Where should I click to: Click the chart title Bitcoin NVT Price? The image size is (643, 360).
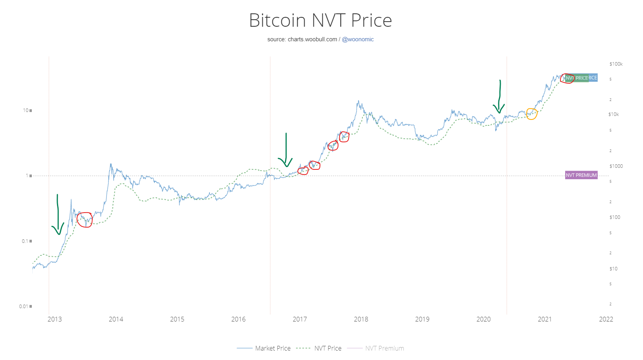coord(320,20)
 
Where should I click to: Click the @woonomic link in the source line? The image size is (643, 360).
coord(358,39)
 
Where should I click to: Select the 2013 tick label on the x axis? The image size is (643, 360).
coord(55,319)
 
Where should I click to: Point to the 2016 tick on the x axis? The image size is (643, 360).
coord(238,319)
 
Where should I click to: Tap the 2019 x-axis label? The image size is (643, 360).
coord(422,319)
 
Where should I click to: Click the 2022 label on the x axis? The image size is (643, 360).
coord(606,319)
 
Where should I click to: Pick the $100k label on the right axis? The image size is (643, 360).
coord(616,64)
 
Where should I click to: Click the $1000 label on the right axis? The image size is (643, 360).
coord(616,166)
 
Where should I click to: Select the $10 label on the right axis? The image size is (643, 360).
coord(613,269)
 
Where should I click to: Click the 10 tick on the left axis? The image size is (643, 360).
coord(26,110)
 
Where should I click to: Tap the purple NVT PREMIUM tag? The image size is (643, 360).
coord(581,175)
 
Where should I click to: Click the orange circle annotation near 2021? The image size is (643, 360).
coord(531,114)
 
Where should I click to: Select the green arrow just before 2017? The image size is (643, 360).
coord(286,151)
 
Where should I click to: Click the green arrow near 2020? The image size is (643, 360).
coord(499,98)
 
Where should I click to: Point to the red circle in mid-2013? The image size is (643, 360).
coord(85,220)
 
